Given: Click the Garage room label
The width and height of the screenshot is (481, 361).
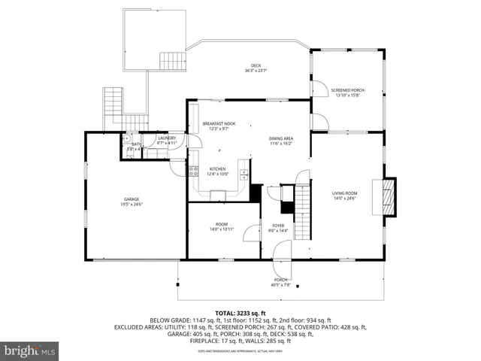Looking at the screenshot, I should coord(131,202).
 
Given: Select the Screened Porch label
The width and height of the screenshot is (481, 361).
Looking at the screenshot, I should coord(346,93).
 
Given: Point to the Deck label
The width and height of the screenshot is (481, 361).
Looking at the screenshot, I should coord(253,68).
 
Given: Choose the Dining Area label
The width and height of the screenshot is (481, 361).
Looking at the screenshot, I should coord(280,141).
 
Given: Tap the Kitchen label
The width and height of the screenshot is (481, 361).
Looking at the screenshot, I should coord(218,171).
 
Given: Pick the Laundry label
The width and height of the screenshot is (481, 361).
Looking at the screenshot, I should coord(167,140).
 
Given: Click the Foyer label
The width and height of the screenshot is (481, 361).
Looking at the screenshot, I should coord(277,228).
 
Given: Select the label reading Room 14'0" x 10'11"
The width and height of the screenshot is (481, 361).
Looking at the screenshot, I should coord(222,226).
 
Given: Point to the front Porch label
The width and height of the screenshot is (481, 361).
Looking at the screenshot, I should coord(280,282).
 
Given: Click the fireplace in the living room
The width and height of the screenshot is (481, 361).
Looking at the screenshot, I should coord(389,195).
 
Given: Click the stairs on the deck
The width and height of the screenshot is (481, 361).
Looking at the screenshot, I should coord(172,60).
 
